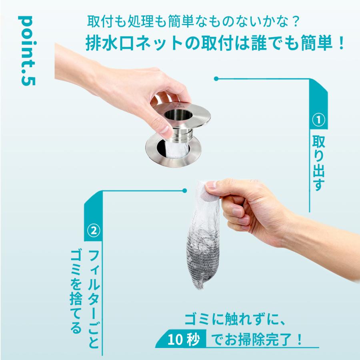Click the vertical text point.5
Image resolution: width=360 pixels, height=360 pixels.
(27, 51)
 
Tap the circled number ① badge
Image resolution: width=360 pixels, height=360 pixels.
(319, 120)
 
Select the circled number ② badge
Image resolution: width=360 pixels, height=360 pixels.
(94, 230)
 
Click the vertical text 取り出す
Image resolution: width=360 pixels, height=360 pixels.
(319, 163)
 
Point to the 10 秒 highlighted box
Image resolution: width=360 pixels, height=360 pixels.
(181, 339)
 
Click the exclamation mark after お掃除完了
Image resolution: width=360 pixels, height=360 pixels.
(299, 339)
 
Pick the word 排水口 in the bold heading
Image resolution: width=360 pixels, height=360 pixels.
(110, 43)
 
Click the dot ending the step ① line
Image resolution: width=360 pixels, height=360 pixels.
(216, 79)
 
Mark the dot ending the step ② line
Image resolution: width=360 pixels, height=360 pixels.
(184, 190)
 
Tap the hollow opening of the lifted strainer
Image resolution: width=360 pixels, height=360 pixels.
(176, 114)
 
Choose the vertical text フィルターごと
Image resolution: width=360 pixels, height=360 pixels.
(94, 299)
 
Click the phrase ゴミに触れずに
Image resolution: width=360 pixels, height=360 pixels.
(235, 319)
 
